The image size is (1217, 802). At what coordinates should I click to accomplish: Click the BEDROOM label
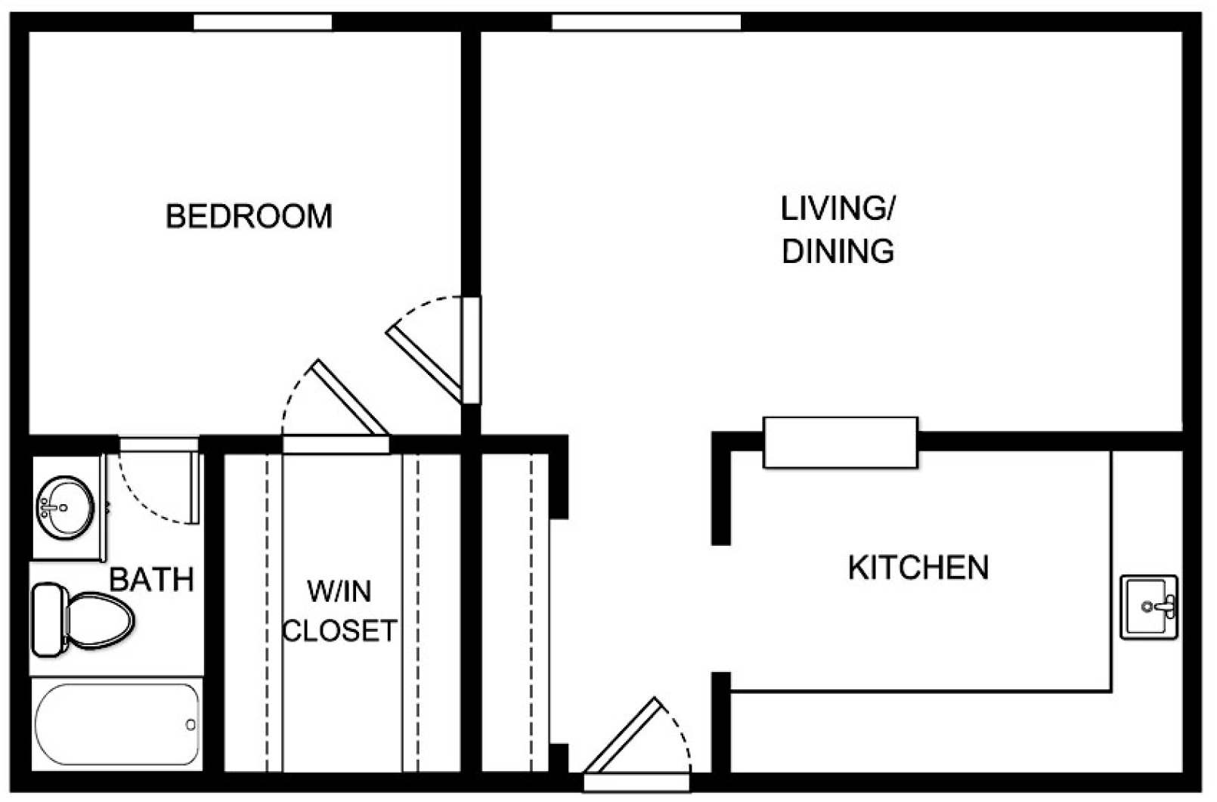tap(249, 216)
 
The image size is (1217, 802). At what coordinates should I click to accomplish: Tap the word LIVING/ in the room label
tap(838, 208)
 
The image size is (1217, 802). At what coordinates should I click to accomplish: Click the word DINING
tap(838, 251)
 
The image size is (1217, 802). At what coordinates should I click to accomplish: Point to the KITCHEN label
tap(918, 567)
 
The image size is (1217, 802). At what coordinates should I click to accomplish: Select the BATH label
tap(152, 580)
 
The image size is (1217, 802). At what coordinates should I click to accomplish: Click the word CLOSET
tap(339, 631)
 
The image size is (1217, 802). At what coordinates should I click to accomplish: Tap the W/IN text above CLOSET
tap(339, 591)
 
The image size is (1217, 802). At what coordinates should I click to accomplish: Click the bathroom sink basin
tap(65, 507)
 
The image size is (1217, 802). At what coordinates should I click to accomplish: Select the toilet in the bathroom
tap(83, 620)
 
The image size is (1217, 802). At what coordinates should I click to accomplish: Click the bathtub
tap(117, 724)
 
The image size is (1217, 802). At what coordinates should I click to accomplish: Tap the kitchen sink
tap(1148, 607)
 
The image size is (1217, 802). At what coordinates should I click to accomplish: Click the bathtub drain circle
tap(190, 724)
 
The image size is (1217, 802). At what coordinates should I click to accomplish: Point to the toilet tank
tap(50, 620)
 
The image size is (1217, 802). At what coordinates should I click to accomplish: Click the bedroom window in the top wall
tap(263, 23)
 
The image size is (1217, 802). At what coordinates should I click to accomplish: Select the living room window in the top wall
tap(646, 23)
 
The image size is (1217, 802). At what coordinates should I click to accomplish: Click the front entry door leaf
tap(624, 735)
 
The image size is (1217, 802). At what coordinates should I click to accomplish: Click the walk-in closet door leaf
tap(350, 397)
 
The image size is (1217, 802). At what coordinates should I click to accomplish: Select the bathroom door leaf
tap(194, 488)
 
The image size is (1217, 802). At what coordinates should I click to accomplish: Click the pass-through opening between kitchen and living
tap(841, 442)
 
